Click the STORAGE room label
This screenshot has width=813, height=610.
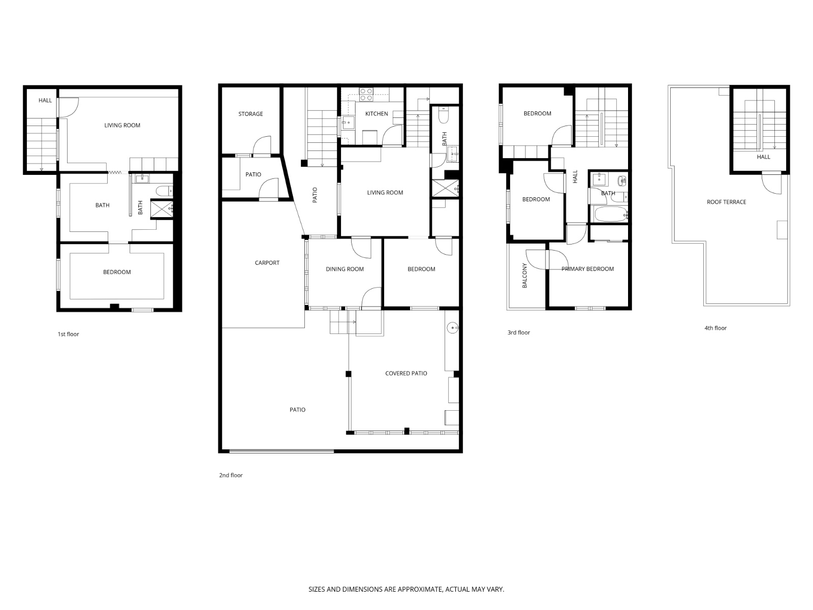[251, 114]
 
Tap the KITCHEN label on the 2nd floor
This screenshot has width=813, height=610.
[377, 113]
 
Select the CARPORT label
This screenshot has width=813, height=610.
[267, 263]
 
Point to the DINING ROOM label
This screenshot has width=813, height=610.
[345, 269]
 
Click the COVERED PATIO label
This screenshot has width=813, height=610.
[406, 373]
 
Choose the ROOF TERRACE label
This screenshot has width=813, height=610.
[726, 202]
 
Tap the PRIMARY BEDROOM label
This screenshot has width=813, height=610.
[587, 269]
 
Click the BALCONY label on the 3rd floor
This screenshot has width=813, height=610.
[525, 276]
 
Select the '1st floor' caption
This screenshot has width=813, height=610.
[68, 334]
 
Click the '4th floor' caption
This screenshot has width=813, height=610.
[715, 328]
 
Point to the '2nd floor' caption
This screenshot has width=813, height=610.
[231, 475]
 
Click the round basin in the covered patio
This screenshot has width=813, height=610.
[452, 328]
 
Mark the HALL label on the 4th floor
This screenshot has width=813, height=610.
[763, 157]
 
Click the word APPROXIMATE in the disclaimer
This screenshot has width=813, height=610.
[420, 590]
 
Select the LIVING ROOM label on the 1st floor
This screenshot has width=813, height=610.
[122, 125]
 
